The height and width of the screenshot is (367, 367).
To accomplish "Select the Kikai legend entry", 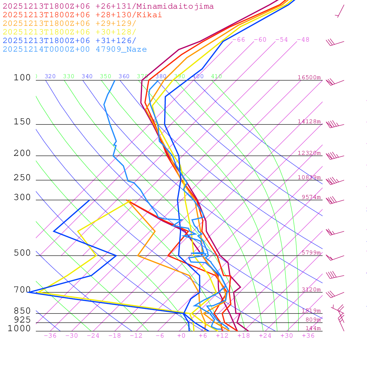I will (82, 15).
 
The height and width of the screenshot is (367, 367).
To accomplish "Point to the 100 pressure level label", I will (22, 78).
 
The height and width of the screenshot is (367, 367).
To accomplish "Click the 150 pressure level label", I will (22, 122).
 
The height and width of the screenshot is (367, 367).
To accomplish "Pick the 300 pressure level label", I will (22, 197).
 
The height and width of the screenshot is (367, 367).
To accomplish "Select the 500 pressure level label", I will (22, 253).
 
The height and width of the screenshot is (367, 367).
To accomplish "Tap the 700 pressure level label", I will (22, 290).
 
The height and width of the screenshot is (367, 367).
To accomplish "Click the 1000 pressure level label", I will (19, 328).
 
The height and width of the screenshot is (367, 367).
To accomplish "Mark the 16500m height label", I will (309, 77).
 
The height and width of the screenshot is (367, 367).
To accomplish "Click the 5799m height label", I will (311, 253).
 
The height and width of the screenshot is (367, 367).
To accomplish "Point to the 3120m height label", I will (311, 290).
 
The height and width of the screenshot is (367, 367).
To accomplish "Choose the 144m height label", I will (313, 328).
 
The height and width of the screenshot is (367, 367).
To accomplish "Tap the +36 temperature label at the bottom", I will (308, 335).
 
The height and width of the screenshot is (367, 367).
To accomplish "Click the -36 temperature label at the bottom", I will (50, 335).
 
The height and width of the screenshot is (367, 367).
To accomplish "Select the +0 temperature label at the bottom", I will (181, 335).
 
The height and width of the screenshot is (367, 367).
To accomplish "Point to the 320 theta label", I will (50, 76).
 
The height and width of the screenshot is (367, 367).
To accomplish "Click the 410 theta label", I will (216, 76).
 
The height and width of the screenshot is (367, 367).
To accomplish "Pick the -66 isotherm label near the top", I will (239, 40).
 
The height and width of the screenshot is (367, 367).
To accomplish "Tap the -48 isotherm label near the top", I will (303, 40).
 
